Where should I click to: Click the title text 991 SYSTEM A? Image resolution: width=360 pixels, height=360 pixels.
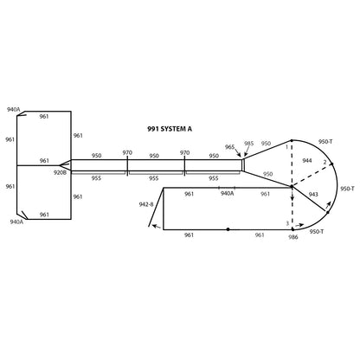point(170,128)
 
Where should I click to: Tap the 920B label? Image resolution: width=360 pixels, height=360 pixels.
point(61,172)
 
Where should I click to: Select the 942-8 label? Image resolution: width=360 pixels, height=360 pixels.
point(146,204)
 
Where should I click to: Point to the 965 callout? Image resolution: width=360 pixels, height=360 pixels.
point(230,147)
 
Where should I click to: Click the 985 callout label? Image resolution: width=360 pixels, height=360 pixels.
point(249,144)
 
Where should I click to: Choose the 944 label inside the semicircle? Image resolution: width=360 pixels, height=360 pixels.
point(307,161)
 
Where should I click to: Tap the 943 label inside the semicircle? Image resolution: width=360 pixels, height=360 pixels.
point(313,195)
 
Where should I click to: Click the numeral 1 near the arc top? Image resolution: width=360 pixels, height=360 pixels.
point(286,148)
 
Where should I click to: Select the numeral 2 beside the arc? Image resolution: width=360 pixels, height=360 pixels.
point(325,162)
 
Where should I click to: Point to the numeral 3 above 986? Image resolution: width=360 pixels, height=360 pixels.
point(286,224)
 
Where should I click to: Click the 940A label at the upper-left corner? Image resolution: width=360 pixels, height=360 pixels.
point(14,110)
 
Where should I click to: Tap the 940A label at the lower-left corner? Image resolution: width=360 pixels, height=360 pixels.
point(16,222)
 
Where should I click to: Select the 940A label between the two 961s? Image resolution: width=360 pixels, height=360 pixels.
point(227,194)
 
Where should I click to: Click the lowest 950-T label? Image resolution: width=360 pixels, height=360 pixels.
point(318,231)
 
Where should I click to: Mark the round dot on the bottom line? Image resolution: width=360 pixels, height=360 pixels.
point(228,229)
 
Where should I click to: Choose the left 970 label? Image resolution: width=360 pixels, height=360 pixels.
point(127,152)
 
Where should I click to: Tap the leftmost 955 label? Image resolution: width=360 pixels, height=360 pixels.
point(96,177)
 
